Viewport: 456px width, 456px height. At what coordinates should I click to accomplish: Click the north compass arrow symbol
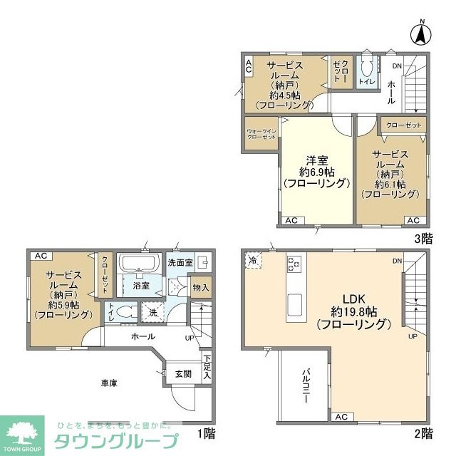(421, 32)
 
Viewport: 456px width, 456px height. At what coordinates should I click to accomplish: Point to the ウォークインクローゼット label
(261, 134)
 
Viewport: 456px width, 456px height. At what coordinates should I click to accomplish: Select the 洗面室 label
(180, 263)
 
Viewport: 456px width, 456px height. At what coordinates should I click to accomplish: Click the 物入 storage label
(201, 287)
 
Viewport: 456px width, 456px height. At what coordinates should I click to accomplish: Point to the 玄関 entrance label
(183, 373)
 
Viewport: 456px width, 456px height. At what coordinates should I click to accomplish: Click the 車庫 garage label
(108, 383)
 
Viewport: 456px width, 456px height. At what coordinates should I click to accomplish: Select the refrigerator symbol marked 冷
(254, 261)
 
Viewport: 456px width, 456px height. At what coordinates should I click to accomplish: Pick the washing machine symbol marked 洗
(152, 311)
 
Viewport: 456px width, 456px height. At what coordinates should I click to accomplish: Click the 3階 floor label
(423, 239)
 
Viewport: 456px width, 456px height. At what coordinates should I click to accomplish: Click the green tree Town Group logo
(23, 431)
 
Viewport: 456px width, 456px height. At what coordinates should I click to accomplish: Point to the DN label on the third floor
(396, 66)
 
